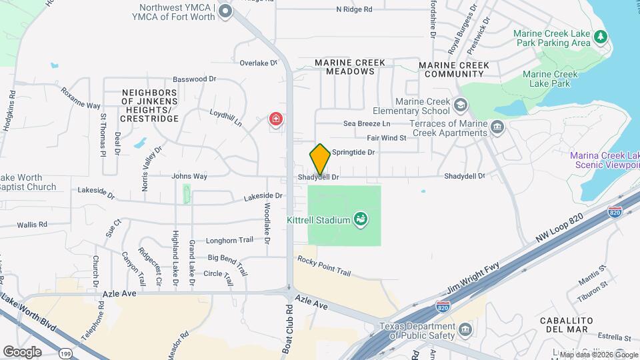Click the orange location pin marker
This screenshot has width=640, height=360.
[x=320, y=159]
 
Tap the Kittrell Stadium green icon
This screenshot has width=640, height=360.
[x=361, y=219]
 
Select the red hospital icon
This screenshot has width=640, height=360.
[x=275, y=119]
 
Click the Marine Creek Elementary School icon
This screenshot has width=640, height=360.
[x=461, y=105]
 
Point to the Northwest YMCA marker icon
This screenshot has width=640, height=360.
[x=225, y=11]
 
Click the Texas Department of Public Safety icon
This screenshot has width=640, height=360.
[x=465, y=329]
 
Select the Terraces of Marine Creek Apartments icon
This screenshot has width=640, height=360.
[x=497, y=127]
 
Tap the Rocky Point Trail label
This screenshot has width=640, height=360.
[x=324, y=266]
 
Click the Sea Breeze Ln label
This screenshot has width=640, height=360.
[x=366, y=123]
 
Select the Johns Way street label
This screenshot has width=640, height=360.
[x=189, y=176]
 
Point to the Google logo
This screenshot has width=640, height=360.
[x=22, y=351]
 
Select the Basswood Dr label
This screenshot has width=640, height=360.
[x=195, y=79]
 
